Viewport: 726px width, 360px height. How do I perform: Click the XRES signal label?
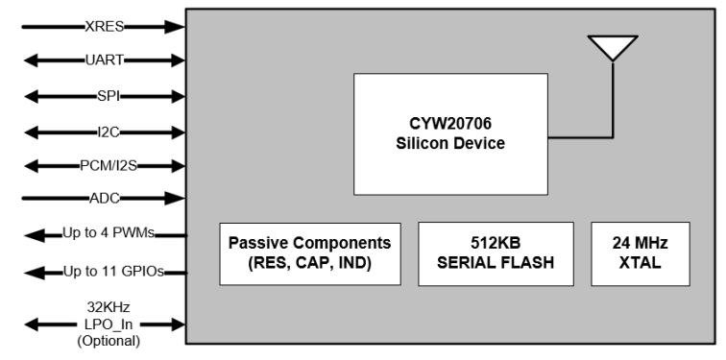100,27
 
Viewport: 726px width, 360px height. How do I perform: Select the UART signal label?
100,60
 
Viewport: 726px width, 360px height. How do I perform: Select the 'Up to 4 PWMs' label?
108,233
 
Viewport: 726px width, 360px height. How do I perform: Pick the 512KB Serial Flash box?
496,253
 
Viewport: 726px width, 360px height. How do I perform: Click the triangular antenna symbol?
613,47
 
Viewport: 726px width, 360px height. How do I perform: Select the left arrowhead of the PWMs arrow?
31,233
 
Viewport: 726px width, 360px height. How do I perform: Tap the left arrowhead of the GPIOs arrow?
31,272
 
